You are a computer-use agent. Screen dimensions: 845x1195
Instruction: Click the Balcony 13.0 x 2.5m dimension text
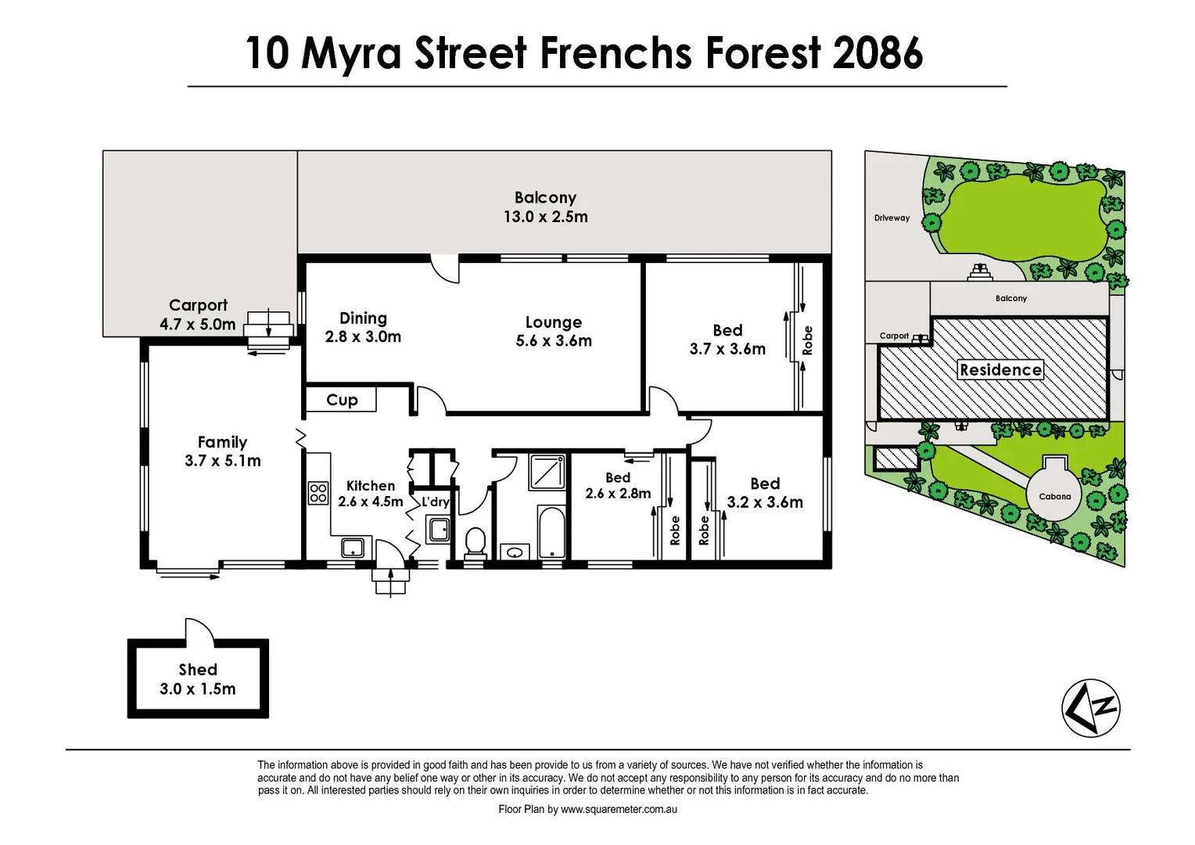click(x=545, y=217)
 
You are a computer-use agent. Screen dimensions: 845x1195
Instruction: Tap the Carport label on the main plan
click(x=198, y=305)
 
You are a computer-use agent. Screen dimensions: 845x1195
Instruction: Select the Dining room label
click(x=363, y=318)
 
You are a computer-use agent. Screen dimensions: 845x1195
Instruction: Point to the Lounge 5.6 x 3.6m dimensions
click(x=554, y=341)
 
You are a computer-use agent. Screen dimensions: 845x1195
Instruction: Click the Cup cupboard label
click(x=342, y=400)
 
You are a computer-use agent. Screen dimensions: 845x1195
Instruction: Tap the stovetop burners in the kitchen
click(x=318, y=493)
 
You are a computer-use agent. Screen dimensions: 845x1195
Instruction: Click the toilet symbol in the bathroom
click(x=475, y=540)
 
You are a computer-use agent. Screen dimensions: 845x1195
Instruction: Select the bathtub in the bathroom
click(x=551, y=532)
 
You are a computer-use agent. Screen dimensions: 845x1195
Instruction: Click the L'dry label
click(x=436, y=502)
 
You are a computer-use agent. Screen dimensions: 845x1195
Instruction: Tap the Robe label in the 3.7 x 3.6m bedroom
click(x=808, y=340)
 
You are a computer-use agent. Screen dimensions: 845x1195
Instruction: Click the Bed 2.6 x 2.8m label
click(x=618, y=485)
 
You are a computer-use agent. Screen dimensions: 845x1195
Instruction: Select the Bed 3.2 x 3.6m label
click(x=765, y=493)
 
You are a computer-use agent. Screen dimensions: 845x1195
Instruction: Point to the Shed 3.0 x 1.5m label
click(x=198, y=679)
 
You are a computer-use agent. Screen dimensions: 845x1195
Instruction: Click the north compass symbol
click(x=1091, y=708)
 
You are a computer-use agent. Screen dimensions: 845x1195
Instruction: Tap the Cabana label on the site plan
click(x=1055, y=496)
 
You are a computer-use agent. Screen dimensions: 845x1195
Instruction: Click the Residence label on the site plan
click(x=1000, y=370)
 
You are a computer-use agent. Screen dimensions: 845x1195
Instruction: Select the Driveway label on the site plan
click(x=892, y=218)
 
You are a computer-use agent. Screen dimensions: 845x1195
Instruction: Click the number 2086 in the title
click(x=877, y=53)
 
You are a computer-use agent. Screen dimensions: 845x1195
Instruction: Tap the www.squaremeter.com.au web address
click(x=619, y=810)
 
